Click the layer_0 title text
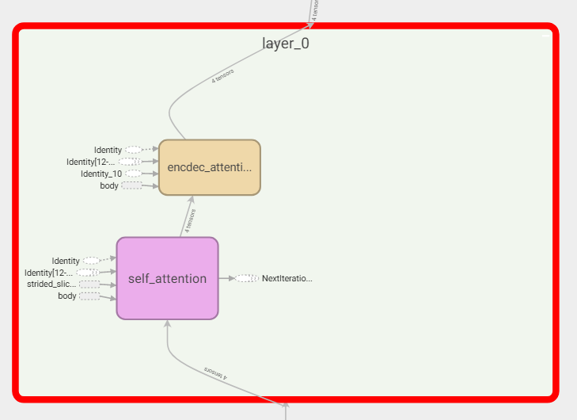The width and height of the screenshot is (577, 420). (286, 44)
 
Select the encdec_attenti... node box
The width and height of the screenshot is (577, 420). (210, 167)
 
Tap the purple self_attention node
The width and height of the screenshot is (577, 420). (167, 278)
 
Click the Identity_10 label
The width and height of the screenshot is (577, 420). (101, 174)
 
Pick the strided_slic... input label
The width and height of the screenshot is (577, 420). (51, 284)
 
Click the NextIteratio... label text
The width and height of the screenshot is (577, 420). (287, 278)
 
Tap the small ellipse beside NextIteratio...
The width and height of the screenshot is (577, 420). (247, 278)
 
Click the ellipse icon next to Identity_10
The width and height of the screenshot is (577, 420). (133, 174)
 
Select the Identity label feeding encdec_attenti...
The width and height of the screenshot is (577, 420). (108, 150)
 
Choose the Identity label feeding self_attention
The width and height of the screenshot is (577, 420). (66, 261)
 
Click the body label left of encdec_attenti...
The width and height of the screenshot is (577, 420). (109, 185)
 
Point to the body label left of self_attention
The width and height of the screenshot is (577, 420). (67, 296)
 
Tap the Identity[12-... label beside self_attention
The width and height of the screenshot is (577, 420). (48, 273)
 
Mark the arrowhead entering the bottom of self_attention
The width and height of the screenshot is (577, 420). (167, 323)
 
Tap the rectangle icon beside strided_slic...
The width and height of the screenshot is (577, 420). (89, 284)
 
